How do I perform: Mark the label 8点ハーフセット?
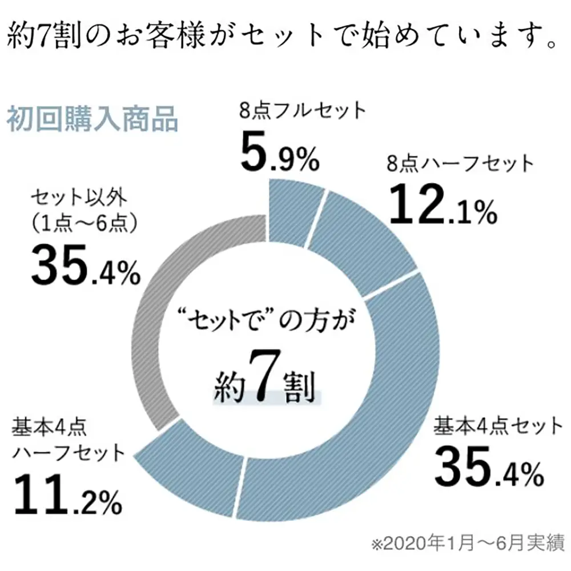point(460,164)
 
